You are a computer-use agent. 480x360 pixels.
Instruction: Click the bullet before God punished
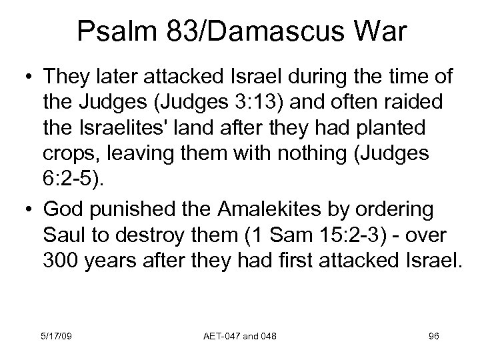(x=27, y=208)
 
